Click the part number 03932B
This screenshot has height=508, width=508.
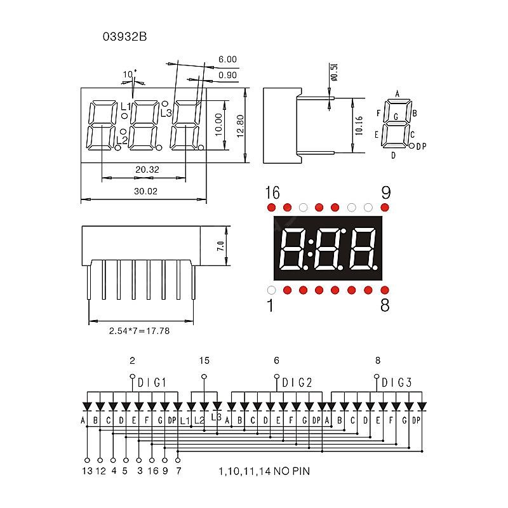(x=124, y=37)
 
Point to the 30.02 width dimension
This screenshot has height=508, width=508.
(x=145, y=191)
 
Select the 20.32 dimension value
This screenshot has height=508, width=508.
(x=147, y=170)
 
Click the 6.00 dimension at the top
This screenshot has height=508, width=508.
(x=227, y=59)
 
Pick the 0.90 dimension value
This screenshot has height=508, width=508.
(x=227, y=76)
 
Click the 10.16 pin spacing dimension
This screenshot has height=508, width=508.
(x=359, y=126)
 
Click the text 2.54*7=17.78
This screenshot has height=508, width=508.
(x=138, y=331)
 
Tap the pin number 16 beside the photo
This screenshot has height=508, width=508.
(x=272, y=192)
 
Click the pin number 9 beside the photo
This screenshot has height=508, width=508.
(x=385, y=192)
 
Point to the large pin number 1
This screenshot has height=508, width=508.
(x=270, y=306)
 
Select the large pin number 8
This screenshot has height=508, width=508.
(x=384, y=306)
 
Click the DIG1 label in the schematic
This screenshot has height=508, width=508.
(x=152, y=382)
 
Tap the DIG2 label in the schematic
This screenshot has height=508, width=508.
(x=297, y=382)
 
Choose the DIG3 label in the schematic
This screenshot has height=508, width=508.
(x=397, y=382)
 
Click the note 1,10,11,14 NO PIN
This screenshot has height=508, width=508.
(x=264, y=471)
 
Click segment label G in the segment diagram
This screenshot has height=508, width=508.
(x=396, y=117)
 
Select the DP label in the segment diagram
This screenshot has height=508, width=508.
(x=421, y=147)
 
